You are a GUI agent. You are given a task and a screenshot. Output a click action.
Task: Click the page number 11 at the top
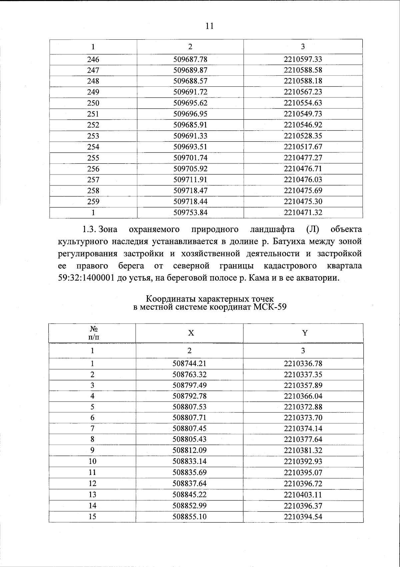[209, 26]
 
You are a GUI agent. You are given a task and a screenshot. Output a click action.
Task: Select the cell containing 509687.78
[190, 59]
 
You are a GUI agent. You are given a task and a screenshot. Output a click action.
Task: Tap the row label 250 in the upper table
[93, 103]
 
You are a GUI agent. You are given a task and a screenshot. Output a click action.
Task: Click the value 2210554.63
[303, 103]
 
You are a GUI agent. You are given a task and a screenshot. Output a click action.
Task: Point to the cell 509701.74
[190, 158]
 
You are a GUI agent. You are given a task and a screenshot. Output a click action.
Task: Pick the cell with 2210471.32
[303, 212]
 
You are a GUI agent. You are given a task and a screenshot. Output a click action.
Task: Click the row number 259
[93, 201]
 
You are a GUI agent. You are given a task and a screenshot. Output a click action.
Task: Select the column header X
[190, 333]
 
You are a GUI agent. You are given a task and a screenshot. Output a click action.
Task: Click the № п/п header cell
[93, 333]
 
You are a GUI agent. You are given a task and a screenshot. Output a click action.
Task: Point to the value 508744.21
[190, 364]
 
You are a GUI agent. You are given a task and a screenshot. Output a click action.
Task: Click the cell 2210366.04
[303, 396]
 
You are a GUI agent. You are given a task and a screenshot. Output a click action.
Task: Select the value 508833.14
[190, 462]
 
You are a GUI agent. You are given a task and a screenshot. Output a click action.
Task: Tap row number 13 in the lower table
[92, 495]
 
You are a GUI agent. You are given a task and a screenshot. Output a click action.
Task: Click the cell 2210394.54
[303, 517]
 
